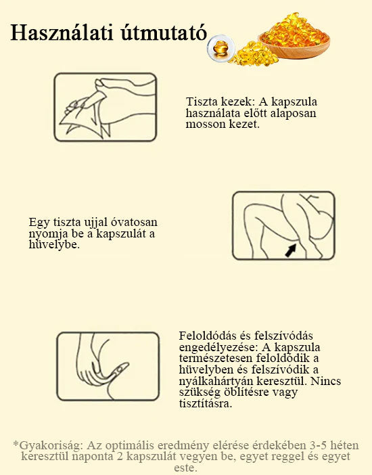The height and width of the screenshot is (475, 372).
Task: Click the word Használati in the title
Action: click(62, 32)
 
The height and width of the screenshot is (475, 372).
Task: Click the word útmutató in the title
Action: click(164, 32)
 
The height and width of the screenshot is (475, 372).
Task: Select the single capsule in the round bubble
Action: click(221, 48)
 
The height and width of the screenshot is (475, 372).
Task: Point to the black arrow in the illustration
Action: click(291, 250)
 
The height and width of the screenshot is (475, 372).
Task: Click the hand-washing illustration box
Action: click(105, 107)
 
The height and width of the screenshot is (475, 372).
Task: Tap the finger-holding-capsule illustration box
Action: click(108, 366)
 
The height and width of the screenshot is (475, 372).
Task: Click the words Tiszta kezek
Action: click(218, 101)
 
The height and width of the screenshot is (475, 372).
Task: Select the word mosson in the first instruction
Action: click(202, 125)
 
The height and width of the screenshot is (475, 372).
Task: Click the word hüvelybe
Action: click(54, 244)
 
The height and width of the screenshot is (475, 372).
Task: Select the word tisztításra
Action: click(206, 403)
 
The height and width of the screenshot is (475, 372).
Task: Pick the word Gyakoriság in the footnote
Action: click(51, 446)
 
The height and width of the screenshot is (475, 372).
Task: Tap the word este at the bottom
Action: click(185, 468)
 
